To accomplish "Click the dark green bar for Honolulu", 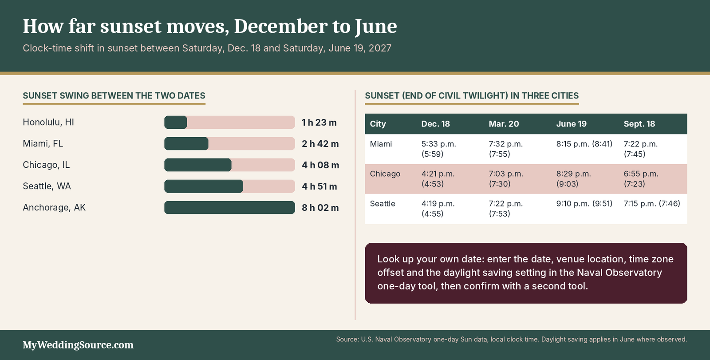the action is [x=176, y=123].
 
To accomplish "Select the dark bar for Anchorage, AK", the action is [x=229, y=207].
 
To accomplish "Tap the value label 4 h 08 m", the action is [x=320, y=165].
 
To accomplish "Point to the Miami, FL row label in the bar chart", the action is [x=43, y=143].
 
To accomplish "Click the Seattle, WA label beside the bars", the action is [x=47, y=186].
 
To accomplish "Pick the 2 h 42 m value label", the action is [x=320, y=144].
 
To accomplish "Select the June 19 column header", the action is [x=571, y=124].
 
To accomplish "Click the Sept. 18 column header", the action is [x=639, y=124].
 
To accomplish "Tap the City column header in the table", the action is [x=378, y=124].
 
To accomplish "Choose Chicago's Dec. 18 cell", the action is [x=438, y=179].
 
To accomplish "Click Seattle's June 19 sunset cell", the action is [x=584, y=203].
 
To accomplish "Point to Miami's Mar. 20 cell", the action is [x=505, y=149].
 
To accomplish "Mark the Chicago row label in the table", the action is [x=385, y=174].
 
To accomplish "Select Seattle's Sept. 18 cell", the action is [x=652, y=203].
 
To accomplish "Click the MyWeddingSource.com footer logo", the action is [x=78, y=345].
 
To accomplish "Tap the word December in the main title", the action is [x=281, y=26].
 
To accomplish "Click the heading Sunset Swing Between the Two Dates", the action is [x=114, y=95].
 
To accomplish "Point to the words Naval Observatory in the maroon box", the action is [x=619, y=273].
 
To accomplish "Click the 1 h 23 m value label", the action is [x=319, y=123].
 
